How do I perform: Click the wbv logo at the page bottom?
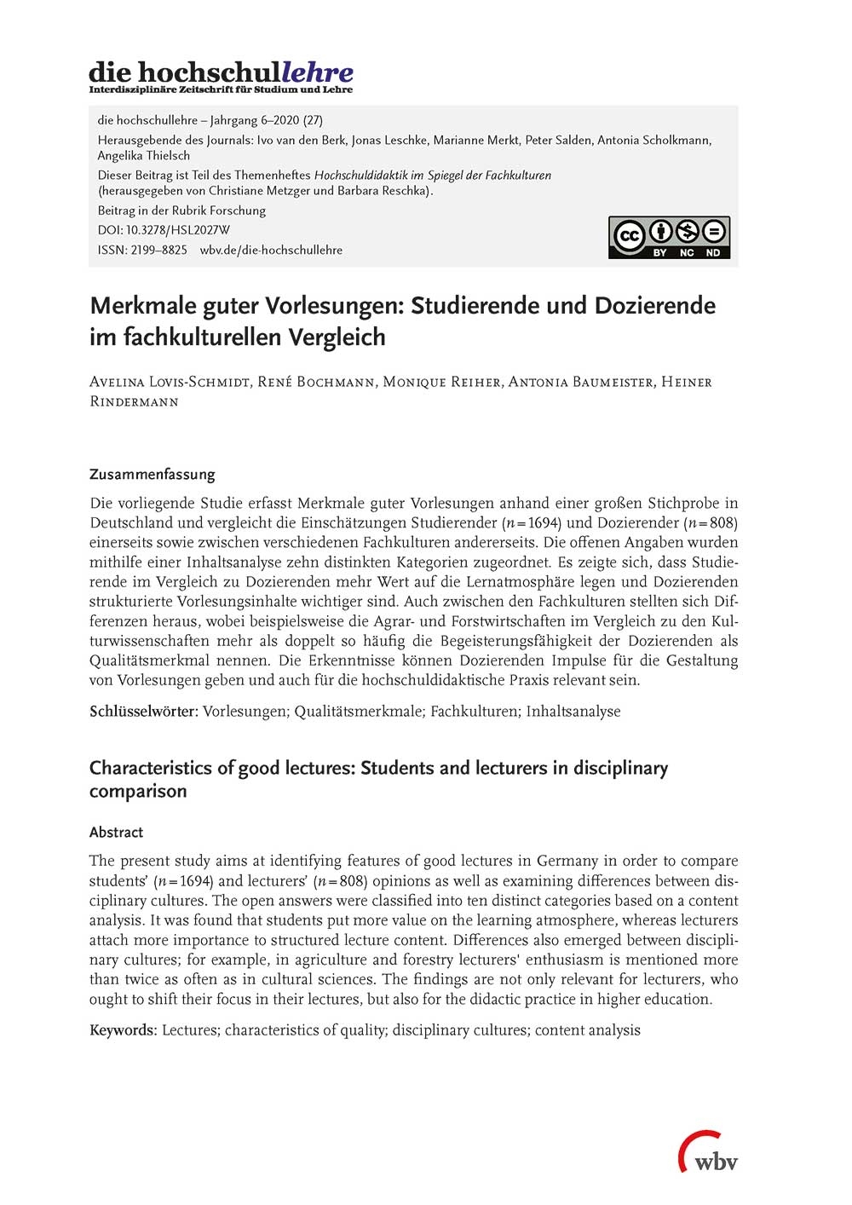coord(708,1153)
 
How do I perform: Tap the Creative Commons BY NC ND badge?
coord(669,237)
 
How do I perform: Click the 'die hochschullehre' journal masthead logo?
coord(221,76)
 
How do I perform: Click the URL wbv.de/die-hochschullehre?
coord(271,250)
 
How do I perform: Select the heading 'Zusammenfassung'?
coord(152,474)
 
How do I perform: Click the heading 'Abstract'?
coord(116,832)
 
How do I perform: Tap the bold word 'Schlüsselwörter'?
coord(143,712)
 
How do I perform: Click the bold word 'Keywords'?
coord(123,1030)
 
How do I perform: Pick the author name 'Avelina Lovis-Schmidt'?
coord(169,382)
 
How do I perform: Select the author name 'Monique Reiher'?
coord(441,382)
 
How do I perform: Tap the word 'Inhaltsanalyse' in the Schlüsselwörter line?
coord(573,712)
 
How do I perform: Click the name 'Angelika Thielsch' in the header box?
coord(143,155)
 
